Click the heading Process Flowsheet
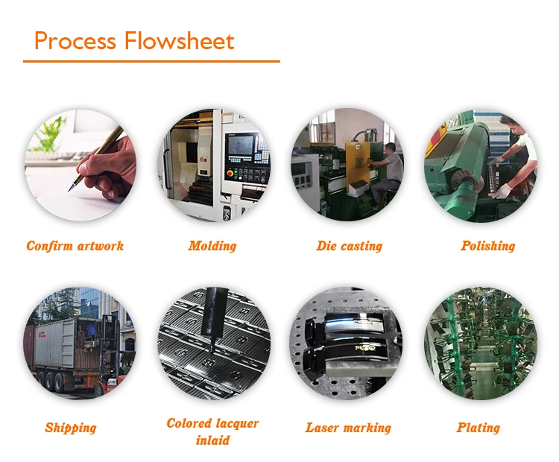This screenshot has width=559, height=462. point(134,40)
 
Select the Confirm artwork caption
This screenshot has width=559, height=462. point(75,246)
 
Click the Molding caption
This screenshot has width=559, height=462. point(212,246)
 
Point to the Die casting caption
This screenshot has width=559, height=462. point(349,246)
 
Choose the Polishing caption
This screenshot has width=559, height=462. point(487,246)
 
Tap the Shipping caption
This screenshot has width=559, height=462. point(71,428)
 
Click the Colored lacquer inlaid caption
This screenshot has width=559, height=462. point(212,431)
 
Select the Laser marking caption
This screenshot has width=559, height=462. point(348,428)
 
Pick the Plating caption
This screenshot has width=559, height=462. point(478,428)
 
